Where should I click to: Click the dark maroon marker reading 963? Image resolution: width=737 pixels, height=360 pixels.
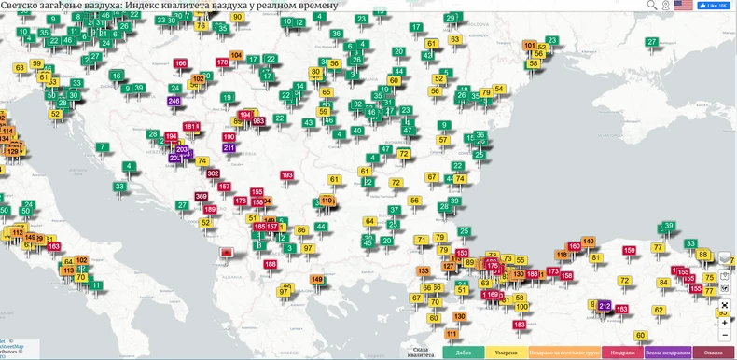tap(258, 120)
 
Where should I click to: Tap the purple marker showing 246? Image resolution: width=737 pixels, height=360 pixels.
tap(174, 100)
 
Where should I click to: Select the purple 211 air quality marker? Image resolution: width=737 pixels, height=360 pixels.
tap(229, 147)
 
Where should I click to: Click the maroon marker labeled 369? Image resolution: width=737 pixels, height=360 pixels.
tap(202, 196)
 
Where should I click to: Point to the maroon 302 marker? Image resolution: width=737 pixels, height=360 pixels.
tap(213, 173)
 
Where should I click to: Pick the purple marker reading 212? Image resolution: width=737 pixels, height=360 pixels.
tap(605, 305)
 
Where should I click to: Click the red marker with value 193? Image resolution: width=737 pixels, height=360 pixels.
tap(286, 175)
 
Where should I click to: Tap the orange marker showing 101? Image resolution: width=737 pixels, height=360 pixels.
tap(530, 45)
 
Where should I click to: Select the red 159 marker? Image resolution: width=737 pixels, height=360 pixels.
tap(630, 250)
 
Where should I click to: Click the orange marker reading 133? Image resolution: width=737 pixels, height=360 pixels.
tap(424, 270)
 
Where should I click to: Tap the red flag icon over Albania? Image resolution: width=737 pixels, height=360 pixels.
tap(225, 253)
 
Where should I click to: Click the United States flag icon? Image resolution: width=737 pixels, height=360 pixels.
tap(683, 6)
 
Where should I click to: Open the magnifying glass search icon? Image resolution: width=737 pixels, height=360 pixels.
tap(652, 6)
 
